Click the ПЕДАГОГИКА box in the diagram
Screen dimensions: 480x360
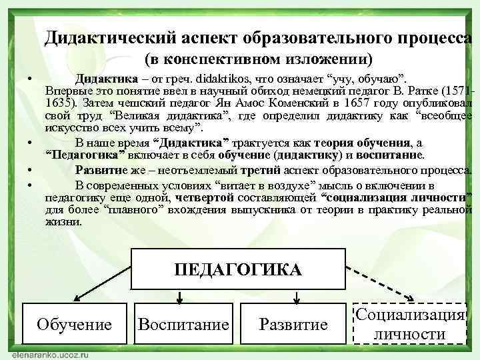[x=237, y=269]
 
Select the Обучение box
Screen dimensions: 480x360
[x=74, y=324]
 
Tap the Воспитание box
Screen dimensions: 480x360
[x=183, y=324]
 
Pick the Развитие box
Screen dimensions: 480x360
[x=293, y=324]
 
